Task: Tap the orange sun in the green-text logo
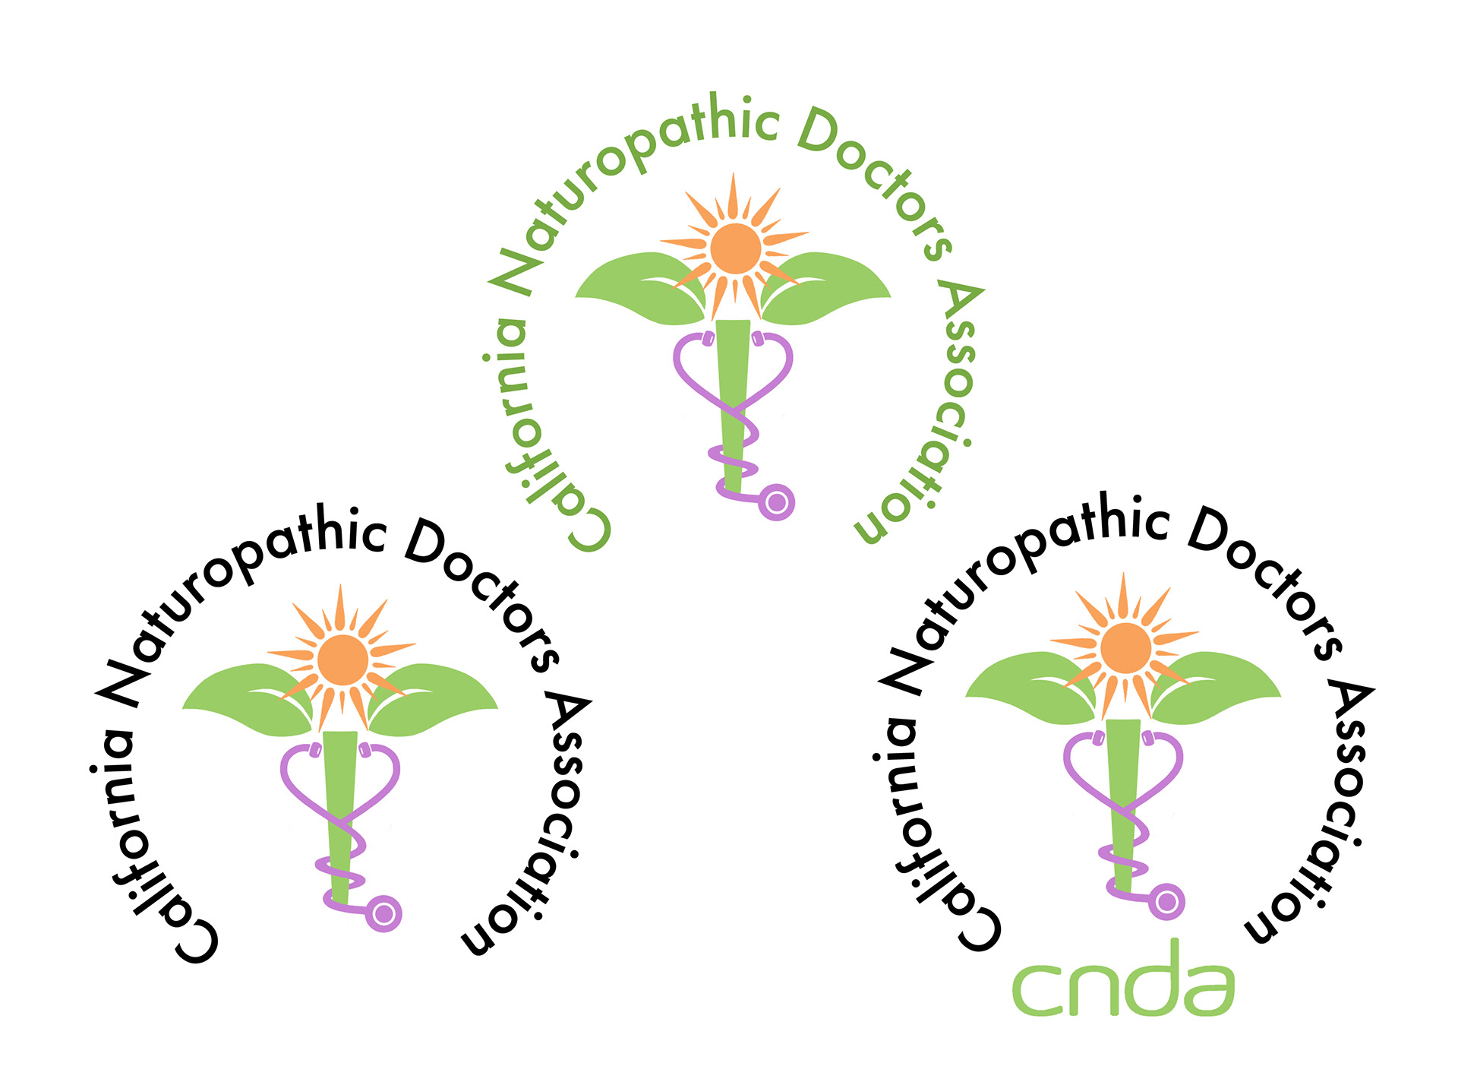pyautogui.click(x=735, y=248)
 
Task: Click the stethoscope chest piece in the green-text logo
pyautogui.click(x=776, y=502)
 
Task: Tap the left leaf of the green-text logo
pyautogui.click(x=638, y=289)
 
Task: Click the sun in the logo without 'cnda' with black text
pyautogui.click(x=342, y=660)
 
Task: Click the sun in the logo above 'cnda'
pyautogui.click(x=1125, y=648)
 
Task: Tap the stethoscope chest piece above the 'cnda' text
pyautogui.click(x=1166, y=903)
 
